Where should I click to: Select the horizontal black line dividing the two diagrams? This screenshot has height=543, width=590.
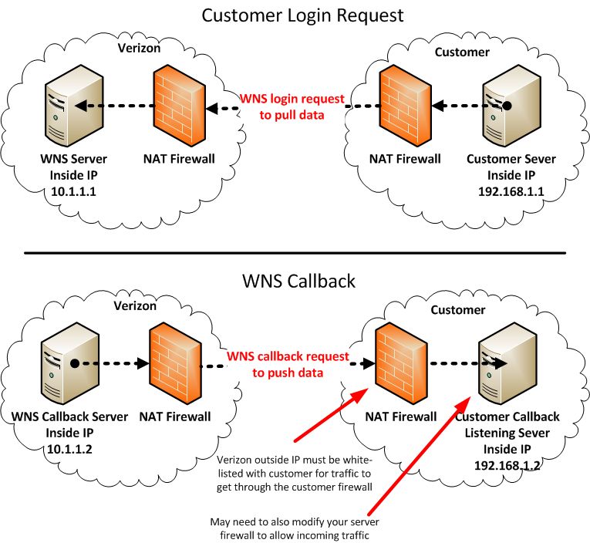point(295,252)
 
